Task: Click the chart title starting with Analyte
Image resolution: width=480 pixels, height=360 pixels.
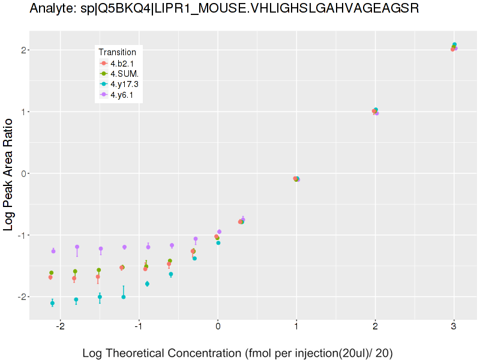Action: tap(224, 8)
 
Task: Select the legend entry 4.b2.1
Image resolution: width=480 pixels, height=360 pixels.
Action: tap(122, 63)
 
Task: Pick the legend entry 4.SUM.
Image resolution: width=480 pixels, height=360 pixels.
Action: tap(124, 73)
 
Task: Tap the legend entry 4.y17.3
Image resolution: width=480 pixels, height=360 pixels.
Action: tap(124, 84)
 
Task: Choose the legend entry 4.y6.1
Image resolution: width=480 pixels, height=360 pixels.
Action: tap(122, 94)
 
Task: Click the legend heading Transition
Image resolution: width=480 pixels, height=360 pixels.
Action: tap(117, 52)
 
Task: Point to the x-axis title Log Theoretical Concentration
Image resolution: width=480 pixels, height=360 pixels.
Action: tap(237, 353)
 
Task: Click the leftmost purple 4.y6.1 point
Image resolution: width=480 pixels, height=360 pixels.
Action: tap(53, 251)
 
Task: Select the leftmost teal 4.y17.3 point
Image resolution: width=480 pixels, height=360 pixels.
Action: tap(52, 303)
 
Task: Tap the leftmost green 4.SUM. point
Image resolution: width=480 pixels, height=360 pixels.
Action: tap(52, 273)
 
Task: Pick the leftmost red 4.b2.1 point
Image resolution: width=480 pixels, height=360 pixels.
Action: tap(50, 277)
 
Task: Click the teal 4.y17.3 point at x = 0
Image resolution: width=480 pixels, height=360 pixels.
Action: tap(218, 243)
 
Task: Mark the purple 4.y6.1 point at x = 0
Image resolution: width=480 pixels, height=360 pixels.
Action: tap(219, 232)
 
